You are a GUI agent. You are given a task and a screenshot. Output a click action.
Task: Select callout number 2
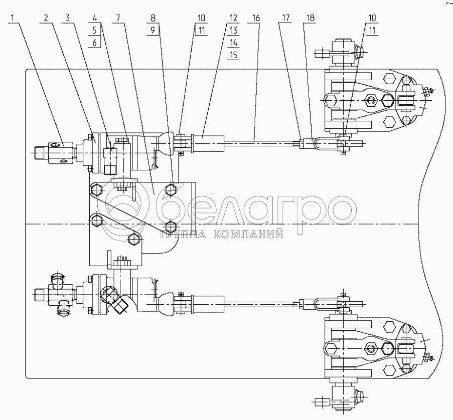point(46,18)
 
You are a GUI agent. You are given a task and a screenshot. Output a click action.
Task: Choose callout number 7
point(118,18)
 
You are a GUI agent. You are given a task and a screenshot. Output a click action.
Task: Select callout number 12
point(233,18)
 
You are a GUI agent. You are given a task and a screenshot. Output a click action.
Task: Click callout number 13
point(233,30)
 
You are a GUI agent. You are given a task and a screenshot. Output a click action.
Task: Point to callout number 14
point(233,43)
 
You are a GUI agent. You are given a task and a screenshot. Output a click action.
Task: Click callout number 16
point(256,18)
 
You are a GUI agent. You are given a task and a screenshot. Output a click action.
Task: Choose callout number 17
point(285,18)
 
